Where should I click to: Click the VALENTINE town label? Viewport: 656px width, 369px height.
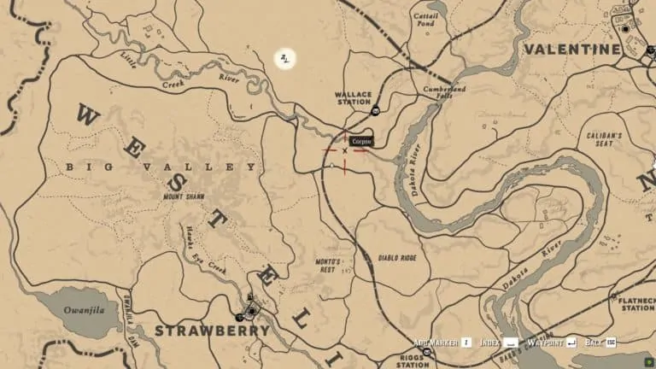point(571,50)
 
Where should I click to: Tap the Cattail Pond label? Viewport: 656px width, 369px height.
point(425,20)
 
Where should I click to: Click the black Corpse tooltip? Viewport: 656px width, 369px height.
point(362,140)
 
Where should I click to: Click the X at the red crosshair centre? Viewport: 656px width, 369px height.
point(345,150)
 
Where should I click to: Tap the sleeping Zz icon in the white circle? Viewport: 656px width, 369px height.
point(285,58)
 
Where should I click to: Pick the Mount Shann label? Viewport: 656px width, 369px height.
point(185,196)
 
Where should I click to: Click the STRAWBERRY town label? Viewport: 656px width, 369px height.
point(212,330)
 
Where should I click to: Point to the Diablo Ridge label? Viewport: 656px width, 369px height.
point(397,256)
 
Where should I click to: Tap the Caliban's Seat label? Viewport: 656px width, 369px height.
point(604,139)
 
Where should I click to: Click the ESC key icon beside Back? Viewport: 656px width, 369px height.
point(611,343)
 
